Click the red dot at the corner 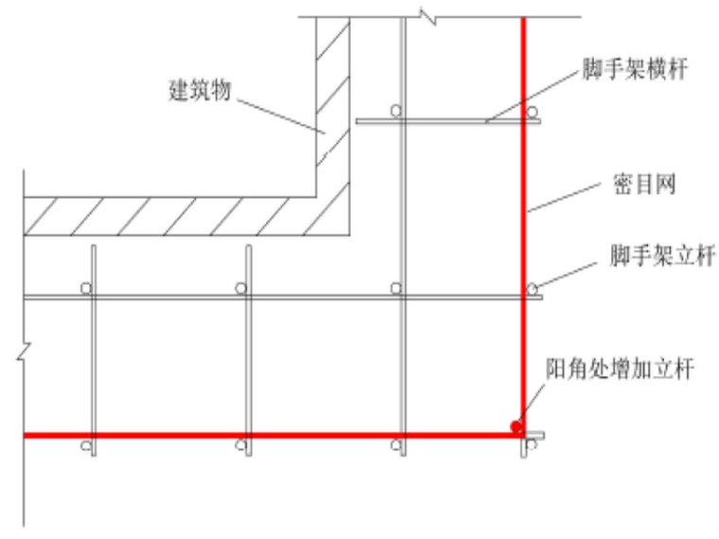516,426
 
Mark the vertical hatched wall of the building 333,104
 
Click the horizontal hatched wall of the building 170,216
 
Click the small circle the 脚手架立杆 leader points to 532,287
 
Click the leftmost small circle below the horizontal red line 85,444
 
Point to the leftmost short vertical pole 93,350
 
